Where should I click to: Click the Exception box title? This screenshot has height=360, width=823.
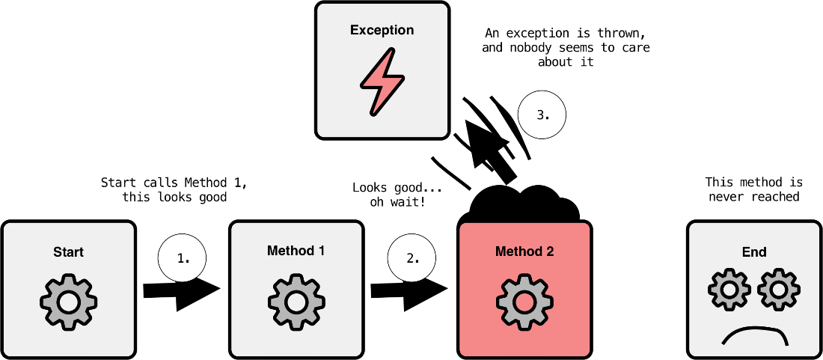pyautogui.click(x=382, y=31)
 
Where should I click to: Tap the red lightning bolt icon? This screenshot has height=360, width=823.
pyautogui.click(x=382, y=82)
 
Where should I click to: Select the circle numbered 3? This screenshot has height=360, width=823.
pyautogui.click(x=542, y=115)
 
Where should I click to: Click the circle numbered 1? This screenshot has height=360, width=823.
pyautogui.click(x=182, y=258)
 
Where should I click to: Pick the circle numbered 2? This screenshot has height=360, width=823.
pyautogui.click(x=411, y=258)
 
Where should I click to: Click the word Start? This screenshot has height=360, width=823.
pyautogui.click(x=68, y=252)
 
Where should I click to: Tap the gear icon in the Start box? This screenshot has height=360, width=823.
pyautogui.click(x=68, y=303)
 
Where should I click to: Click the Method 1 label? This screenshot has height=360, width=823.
pyautogui.click(x=296, y=251)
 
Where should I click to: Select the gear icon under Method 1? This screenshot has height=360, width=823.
pyautogui.click(x=296, y=303)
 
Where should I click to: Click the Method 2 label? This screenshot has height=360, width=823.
pyautogui.click(x=524, y=251)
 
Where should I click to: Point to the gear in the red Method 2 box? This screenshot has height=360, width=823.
pyautogui.click(x=524, y=303)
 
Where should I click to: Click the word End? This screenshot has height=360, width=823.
pyautogui.click(x=754, y=252)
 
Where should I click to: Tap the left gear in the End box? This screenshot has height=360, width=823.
pyautogui.click(x=729, y=290)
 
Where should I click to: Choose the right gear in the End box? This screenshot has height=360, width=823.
pyautogui.click(x=779, y=290)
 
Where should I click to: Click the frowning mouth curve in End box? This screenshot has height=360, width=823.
pyautogui.click(x=755, y=331)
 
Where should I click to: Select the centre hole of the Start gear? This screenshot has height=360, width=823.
pyautogui.click(x=68, y=303)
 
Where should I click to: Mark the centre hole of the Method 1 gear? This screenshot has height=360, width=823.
pyautogui.click(x=296, y=303)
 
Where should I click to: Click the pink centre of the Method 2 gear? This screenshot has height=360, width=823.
pyautogui.click(x=524, y=303)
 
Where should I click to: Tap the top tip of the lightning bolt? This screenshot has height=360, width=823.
pyautogui.click(x=391, y=51)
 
